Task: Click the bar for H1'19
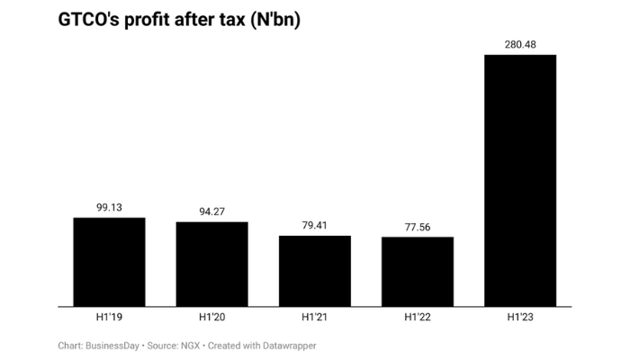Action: (x=109, y=261)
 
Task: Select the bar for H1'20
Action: (x=211, y=263)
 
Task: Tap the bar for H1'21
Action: (x=314, y=270)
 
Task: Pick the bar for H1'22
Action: (x=417, y=271)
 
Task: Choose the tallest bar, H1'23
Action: (x=519, y=180)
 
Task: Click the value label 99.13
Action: (x=109, y=206)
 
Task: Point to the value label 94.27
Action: (x=211, y=211)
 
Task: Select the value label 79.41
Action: (x=314, y=225)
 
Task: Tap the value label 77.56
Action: (x=417, y=227)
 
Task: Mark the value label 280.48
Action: (x=519, y=43)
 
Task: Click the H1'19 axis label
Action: (x=109, y=318)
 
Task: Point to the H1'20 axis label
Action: (x=211, y=318)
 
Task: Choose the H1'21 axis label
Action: (x=314, y=318)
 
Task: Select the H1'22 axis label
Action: (x=417, y=318)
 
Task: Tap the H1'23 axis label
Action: (x=519, y=318)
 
